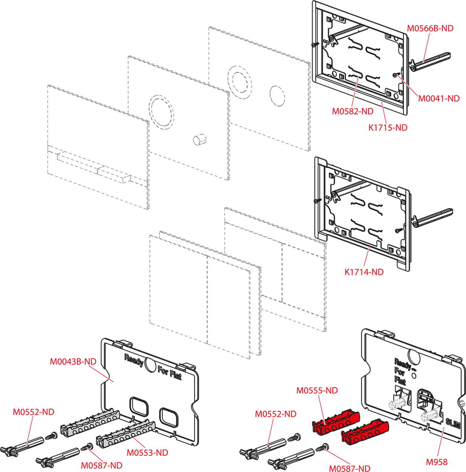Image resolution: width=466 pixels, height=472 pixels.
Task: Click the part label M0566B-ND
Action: click(430, 28)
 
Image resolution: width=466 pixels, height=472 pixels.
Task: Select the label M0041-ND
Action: click(438, 99)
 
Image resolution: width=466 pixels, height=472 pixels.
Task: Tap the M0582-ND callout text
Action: click(352, 111)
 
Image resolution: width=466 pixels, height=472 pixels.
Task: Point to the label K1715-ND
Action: click(387, 127)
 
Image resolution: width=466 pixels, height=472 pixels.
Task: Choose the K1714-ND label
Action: click(364, 272)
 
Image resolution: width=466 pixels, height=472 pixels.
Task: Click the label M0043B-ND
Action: click(73, 361)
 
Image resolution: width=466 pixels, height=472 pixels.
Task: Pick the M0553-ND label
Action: click(147, 453)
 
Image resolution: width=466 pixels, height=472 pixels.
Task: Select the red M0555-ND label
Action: click(317, 391)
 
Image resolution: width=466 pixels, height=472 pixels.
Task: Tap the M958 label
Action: click(437, 462)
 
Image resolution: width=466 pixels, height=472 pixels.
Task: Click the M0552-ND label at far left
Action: click(33, 412)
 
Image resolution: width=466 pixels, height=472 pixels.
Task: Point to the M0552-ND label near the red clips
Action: click(275, 414)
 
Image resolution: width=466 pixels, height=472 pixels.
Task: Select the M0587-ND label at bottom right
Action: click(349, 468)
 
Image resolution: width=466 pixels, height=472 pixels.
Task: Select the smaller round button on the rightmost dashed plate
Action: click(277, 96)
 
